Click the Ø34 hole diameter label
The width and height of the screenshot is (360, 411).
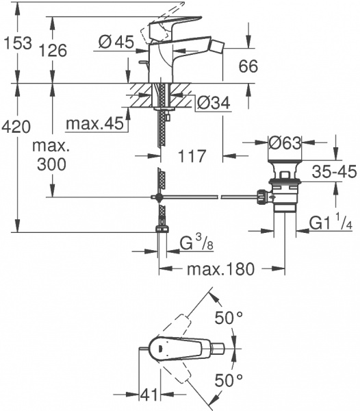[x=214, y=103]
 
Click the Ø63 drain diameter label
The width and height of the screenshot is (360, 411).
[x=287, y=144]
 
